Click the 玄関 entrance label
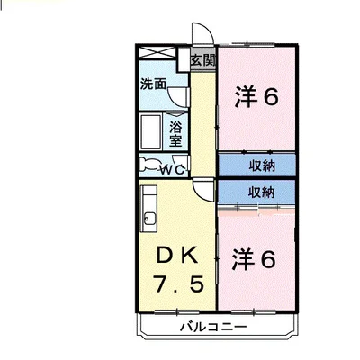coord(202,61)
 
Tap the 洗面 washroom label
coord(153,85)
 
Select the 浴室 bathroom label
coord(176,132)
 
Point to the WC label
coord(173,168)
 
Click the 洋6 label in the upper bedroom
coord(257,95)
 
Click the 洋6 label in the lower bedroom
coord(257,259)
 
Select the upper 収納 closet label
coord(262,164)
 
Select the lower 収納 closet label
coord(262,192)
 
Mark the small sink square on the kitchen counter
coord(148,217)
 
